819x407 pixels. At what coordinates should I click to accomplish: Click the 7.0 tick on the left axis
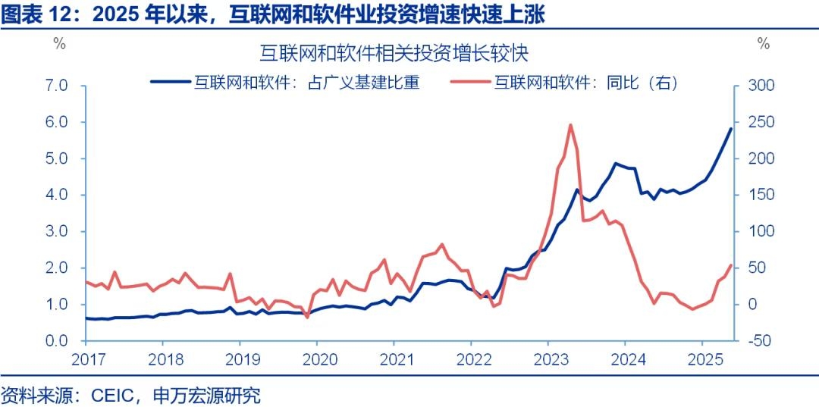click(58, 86)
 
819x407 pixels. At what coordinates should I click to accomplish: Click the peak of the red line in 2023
click(570, 125)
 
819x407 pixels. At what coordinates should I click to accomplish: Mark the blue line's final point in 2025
click(731, 129)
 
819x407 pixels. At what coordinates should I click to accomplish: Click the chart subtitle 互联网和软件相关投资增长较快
click(394, 54)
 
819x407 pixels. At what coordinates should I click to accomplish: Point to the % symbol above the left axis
click(59, 43)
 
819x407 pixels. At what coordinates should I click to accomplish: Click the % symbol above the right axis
click(763, 43)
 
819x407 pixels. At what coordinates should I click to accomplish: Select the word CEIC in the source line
click(113, 395)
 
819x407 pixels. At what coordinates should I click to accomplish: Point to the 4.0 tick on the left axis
click(58, 195)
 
